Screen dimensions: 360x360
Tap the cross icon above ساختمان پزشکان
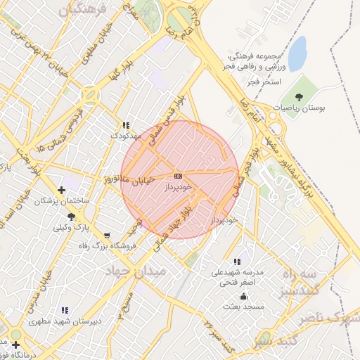(63, 190)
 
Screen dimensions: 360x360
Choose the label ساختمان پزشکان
(63, 201)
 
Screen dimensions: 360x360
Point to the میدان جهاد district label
(136, 271)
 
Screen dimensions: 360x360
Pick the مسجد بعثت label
(243, 306)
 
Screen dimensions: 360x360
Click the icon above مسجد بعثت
(243, 295)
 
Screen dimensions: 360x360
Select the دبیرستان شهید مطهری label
(65, 321)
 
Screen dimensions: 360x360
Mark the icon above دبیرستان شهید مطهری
(65, 310)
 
